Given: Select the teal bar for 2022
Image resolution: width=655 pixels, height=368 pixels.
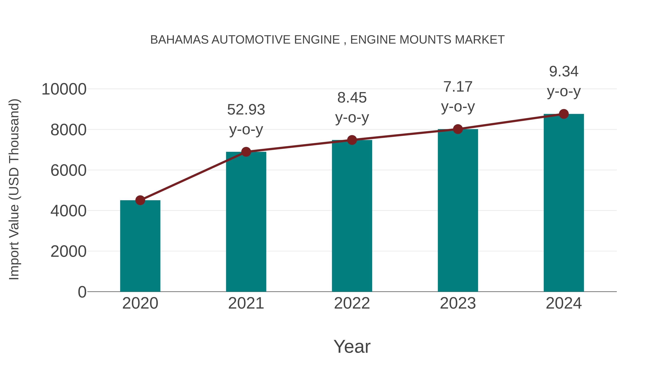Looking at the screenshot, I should click(x=352, y=216).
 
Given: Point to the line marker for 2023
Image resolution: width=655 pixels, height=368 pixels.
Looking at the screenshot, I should click(x=458, y=129).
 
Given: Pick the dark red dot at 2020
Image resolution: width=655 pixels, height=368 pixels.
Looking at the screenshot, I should click(x=140, y=200).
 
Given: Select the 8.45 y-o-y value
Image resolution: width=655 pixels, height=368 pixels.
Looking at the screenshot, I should click(x=352, y=98).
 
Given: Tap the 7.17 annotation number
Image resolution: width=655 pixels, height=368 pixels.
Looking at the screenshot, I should click(x=458, y=87).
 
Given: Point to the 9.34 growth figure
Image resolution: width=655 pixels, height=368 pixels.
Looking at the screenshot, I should click(x=564, y=71).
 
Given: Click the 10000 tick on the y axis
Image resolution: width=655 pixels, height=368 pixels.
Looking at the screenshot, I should click(x=64, y=89).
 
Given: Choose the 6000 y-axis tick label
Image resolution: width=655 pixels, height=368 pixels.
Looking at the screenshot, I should click(x=68, y=170).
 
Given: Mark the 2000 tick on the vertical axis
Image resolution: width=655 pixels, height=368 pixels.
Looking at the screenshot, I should click(x=68, y=252).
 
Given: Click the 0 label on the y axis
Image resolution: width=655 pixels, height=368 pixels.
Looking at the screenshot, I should click(x=82, y=292).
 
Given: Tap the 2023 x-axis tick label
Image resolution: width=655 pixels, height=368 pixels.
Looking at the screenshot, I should click(x=458, y=303).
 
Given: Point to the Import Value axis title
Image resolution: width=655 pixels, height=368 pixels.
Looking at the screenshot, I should click(x=14, y=189).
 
